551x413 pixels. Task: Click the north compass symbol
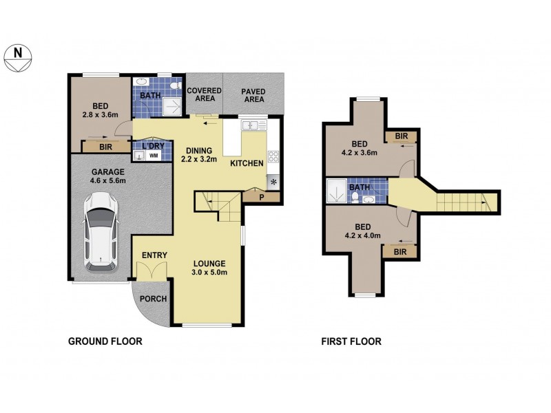[18, 56]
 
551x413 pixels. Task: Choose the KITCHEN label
[246, 164]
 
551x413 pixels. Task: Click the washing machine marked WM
[154, 156]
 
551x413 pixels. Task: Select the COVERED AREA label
[203, 94]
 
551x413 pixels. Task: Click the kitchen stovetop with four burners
[273, 159]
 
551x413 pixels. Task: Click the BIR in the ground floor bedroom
[105, 147]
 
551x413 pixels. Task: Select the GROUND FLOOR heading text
[103, 341]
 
